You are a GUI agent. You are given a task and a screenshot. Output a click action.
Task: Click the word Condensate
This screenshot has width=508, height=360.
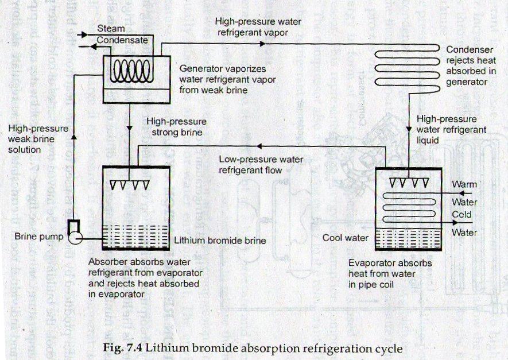coord(122,40)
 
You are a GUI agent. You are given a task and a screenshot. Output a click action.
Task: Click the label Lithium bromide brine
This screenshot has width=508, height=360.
coord(219,241)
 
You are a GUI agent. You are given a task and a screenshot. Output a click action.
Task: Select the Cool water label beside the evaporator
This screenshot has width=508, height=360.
coord(345,237)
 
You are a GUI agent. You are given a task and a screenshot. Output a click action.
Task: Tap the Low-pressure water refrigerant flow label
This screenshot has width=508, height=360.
coord(262,164)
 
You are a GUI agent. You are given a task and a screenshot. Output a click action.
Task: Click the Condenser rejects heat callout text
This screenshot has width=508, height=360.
coord(468,65)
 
